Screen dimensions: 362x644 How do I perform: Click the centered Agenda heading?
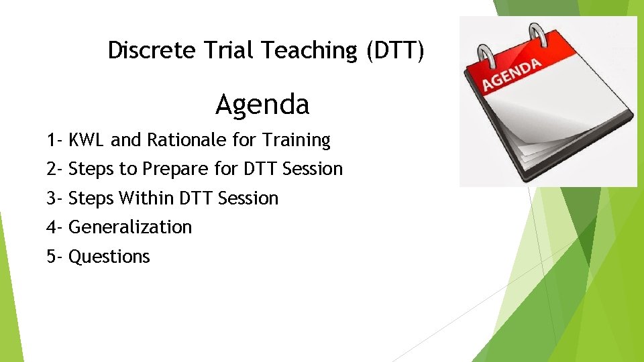pyautogui.click(x=262, y=105)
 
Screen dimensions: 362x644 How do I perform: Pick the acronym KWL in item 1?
pyautogui.click(x=87, y=140)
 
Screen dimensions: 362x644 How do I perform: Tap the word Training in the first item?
pyautogui.click(x=297, y=140)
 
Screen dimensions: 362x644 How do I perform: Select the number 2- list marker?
pyautogui.click(x=54, y=169)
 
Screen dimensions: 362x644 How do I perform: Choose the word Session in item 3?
pyautogui.click(x=248, y=198)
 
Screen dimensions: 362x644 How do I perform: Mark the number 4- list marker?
pyautogui.click(x=54, y=227)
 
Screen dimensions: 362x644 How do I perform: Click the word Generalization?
pyautogui.click(x=130, y=227)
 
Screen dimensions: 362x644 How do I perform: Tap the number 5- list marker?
pyautogui.click(x=54, y=257)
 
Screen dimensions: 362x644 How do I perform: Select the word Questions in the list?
pyautogui.click(x=109, y=257)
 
